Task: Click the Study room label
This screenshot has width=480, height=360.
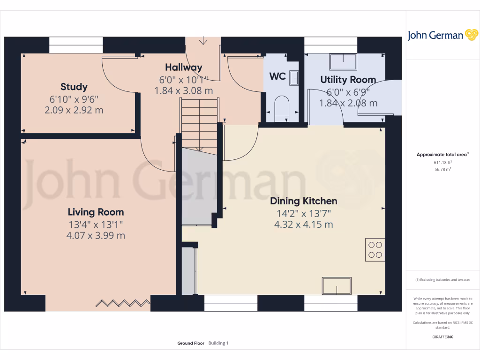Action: (74, 87)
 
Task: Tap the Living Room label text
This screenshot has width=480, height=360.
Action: (96, 212)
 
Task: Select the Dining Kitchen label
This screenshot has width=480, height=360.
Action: (303, 202)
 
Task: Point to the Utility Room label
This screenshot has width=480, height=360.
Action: (348, 80)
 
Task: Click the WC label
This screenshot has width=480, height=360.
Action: (277, 76)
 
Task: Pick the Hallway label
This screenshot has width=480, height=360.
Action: (183, 67)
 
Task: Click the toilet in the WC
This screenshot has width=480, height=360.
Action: (281, 106)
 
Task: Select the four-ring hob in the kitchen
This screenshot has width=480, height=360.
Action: (375, 249)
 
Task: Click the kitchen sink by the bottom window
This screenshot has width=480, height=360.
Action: (336, 285)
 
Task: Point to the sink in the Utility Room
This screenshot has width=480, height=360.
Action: (344, 62)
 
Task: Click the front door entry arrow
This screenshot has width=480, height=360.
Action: (203, 41)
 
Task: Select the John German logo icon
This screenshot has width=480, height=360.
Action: (471, 35)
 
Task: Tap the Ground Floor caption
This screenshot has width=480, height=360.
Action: (190, 343)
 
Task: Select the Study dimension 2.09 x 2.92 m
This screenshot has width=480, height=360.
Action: (74, 111)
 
